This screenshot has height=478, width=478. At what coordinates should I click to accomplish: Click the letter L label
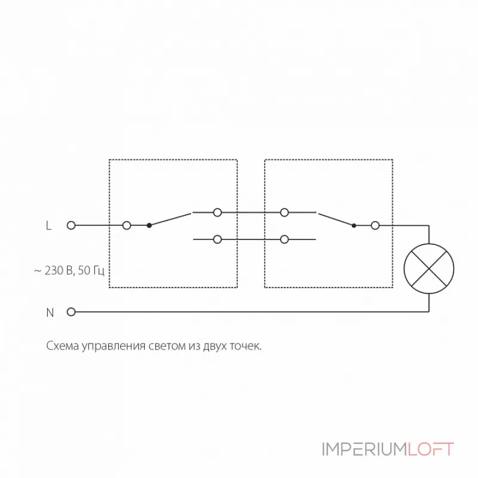point(49,226)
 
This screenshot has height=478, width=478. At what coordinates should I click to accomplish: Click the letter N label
point(50,312)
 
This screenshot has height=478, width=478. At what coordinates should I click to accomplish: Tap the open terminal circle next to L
point(71,225)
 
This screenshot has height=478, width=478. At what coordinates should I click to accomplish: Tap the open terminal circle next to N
point(71,311)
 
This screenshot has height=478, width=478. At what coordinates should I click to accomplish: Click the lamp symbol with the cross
point(429,268)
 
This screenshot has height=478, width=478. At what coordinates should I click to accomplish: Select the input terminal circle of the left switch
point(127,225)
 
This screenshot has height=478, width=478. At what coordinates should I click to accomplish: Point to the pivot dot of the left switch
point(149,225)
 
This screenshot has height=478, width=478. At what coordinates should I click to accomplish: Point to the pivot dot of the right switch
point(354,225)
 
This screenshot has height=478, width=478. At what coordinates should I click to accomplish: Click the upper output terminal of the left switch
point(218,212)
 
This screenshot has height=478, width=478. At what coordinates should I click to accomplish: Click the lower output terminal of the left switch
point(218,240)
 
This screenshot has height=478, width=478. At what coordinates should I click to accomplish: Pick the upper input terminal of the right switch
point(285,212)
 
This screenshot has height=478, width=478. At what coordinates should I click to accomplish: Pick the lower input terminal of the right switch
point(285,240)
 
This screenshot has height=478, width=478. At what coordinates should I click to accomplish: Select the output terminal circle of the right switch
point(375,225)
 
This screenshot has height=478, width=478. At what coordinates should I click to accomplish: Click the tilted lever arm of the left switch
point(170,219)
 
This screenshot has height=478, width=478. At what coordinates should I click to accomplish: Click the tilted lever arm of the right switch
point(335,219)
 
